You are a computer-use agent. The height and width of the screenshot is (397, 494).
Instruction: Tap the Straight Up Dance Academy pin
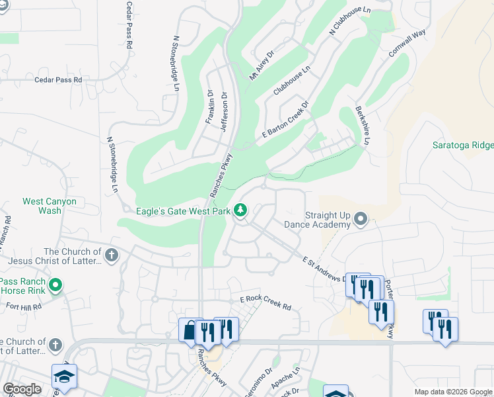click(x=361, y=218)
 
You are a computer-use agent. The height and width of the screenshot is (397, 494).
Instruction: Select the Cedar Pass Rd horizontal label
click(x=59, y=79)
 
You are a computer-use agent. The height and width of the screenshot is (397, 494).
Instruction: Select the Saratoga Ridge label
click(x=462, y=145)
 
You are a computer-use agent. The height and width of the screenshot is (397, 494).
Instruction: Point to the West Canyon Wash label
click(x=50, y=206)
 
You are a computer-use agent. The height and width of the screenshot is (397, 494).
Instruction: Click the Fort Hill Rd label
click(x=24, y=306)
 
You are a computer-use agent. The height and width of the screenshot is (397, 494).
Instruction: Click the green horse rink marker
click(x=55, y=285)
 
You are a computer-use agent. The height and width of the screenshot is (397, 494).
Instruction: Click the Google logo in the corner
click(x=22, y=389)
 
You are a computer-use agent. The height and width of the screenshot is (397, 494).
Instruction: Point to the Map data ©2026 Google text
click(x=452, y=392)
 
